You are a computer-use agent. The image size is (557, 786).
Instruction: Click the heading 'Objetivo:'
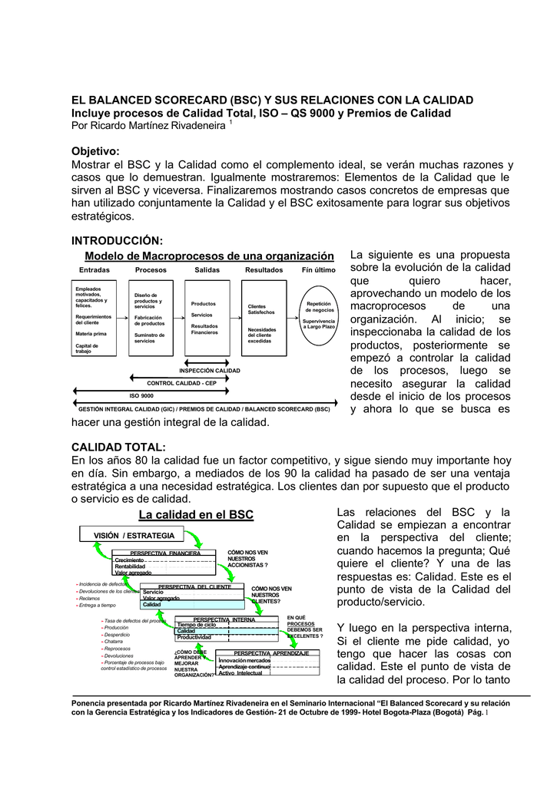point(96,152)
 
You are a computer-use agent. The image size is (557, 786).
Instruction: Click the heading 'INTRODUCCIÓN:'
point(117,241)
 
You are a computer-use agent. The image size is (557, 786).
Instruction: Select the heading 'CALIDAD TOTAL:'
point(118,447)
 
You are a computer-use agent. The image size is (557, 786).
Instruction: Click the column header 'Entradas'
point(94,270)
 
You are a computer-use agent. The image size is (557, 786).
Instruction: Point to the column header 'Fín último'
point(318,270)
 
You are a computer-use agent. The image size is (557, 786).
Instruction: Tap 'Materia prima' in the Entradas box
point(91,334)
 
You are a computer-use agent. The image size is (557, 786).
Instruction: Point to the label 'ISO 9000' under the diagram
point(141,396)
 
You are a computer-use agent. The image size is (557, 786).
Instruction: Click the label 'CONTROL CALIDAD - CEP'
point(181,383)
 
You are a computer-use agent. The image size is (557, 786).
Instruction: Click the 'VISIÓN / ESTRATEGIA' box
point(134,534)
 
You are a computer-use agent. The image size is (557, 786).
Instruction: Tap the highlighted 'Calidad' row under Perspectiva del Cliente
point(152,604)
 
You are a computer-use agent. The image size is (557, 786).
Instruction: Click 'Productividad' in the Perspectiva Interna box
point(194,637)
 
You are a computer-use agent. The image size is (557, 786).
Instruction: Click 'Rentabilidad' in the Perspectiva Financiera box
point(130,566)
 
